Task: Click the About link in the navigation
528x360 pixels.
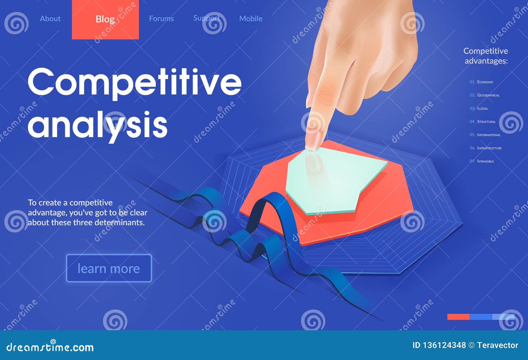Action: coord(50,19)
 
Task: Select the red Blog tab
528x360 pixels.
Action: coord(105,19)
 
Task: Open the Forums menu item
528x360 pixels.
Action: coord(161,19)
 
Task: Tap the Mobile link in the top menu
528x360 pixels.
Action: coord(251,19)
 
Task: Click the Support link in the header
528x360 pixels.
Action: coord(207,18)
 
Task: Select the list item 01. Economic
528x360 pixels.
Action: coord(481,82)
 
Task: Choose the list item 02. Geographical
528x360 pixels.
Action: coord(484,95)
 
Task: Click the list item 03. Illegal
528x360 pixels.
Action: coord(479,108)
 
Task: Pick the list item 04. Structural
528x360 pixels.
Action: coord(482,122)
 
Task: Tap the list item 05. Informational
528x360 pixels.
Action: coord(485,135)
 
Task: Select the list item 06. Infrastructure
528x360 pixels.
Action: coord(485,148)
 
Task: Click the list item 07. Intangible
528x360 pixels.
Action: coord(482,161)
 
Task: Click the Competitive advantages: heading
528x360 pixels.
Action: coord(486,56)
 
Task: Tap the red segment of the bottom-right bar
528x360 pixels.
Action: coord(458,317)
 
